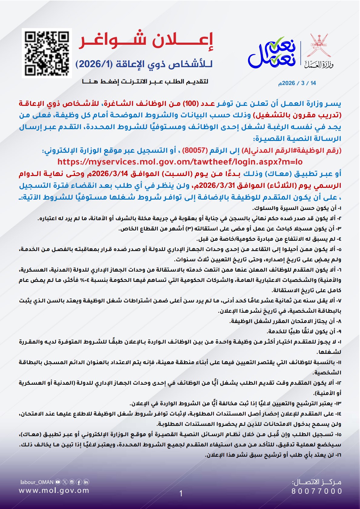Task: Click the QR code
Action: tap(47, 53)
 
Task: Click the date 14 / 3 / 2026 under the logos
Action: tap(297, 83)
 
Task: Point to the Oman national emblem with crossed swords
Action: tap(319, 45)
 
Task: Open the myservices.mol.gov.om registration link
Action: tap(180, 162)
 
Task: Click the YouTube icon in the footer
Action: tap(57, 482)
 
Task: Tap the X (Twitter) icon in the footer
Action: tap(65, 482)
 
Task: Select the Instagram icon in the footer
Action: tap(72, 482)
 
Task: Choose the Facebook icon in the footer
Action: tap(79, 482)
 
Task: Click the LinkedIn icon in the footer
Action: tap(86, 482)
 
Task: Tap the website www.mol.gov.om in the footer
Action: tap(54, 491)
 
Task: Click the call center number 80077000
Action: tap(317, 491)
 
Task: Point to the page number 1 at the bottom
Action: tap(181, 494)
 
